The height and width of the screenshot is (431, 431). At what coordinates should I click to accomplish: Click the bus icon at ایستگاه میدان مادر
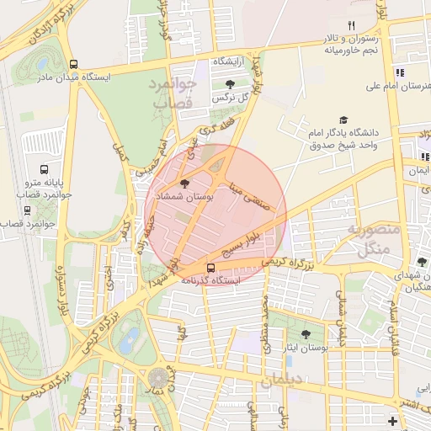click(x=74, y=64)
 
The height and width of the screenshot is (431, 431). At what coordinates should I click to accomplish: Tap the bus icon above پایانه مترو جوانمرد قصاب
click(x=45, y=169)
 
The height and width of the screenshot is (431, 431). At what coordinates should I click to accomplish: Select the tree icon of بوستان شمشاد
click(x=185, y=183)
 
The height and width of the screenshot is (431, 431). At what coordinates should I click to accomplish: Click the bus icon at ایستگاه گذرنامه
click(x=210, y=269)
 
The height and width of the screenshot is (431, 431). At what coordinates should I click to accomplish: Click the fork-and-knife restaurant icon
click(x=351, y=25)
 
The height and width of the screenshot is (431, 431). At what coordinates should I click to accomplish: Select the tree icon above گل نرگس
click(x=230, y=83)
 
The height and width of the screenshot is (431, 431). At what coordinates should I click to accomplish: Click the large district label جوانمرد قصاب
click(x=173, y=93)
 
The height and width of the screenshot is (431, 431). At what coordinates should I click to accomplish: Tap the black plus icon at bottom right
click(x=392, y=420)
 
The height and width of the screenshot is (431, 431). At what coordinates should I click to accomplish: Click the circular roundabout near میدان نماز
click(x=157, y=378)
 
